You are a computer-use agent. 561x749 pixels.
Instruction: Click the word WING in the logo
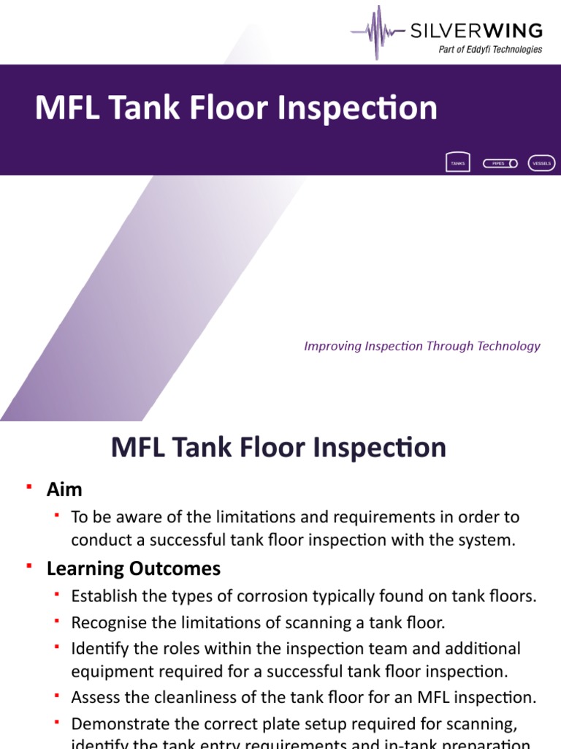(x=516, y=31)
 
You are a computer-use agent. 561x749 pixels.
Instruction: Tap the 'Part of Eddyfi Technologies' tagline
(x=490, y=50)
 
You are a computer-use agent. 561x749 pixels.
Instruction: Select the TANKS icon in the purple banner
(x=457, y=163)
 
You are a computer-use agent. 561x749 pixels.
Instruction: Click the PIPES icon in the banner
(x=500, y=163)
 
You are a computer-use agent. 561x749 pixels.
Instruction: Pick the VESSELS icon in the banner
(x=542, y=163)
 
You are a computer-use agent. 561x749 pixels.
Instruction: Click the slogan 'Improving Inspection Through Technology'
(x=422, y=346)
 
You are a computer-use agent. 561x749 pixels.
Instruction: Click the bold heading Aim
(x=64, y=489)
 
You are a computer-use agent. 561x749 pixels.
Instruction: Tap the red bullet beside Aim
(x=29, y=486)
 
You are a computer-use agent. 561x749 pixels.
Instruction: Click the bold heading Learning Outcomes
(x=134, y=568)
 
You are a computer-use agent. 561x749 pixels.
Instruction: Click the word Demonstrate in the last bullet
(x=116, y=724)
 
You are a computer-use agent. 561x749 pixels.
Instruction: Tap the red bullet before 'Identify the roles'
(x=56, y=647)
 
